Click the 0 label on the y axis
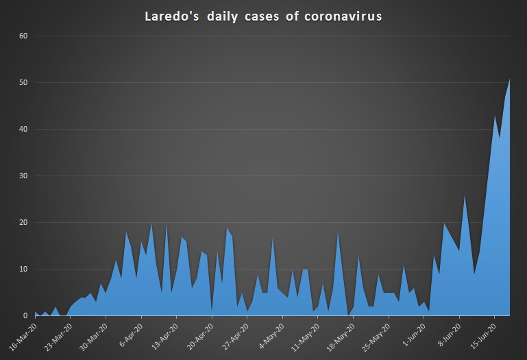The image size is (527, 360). click(x=23, y=316)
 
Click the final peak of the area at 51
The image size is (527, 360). click(x=510, y=79)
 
